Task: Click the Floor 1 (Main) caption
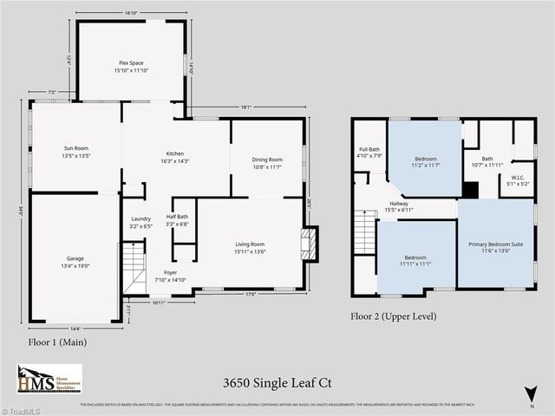57,342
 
